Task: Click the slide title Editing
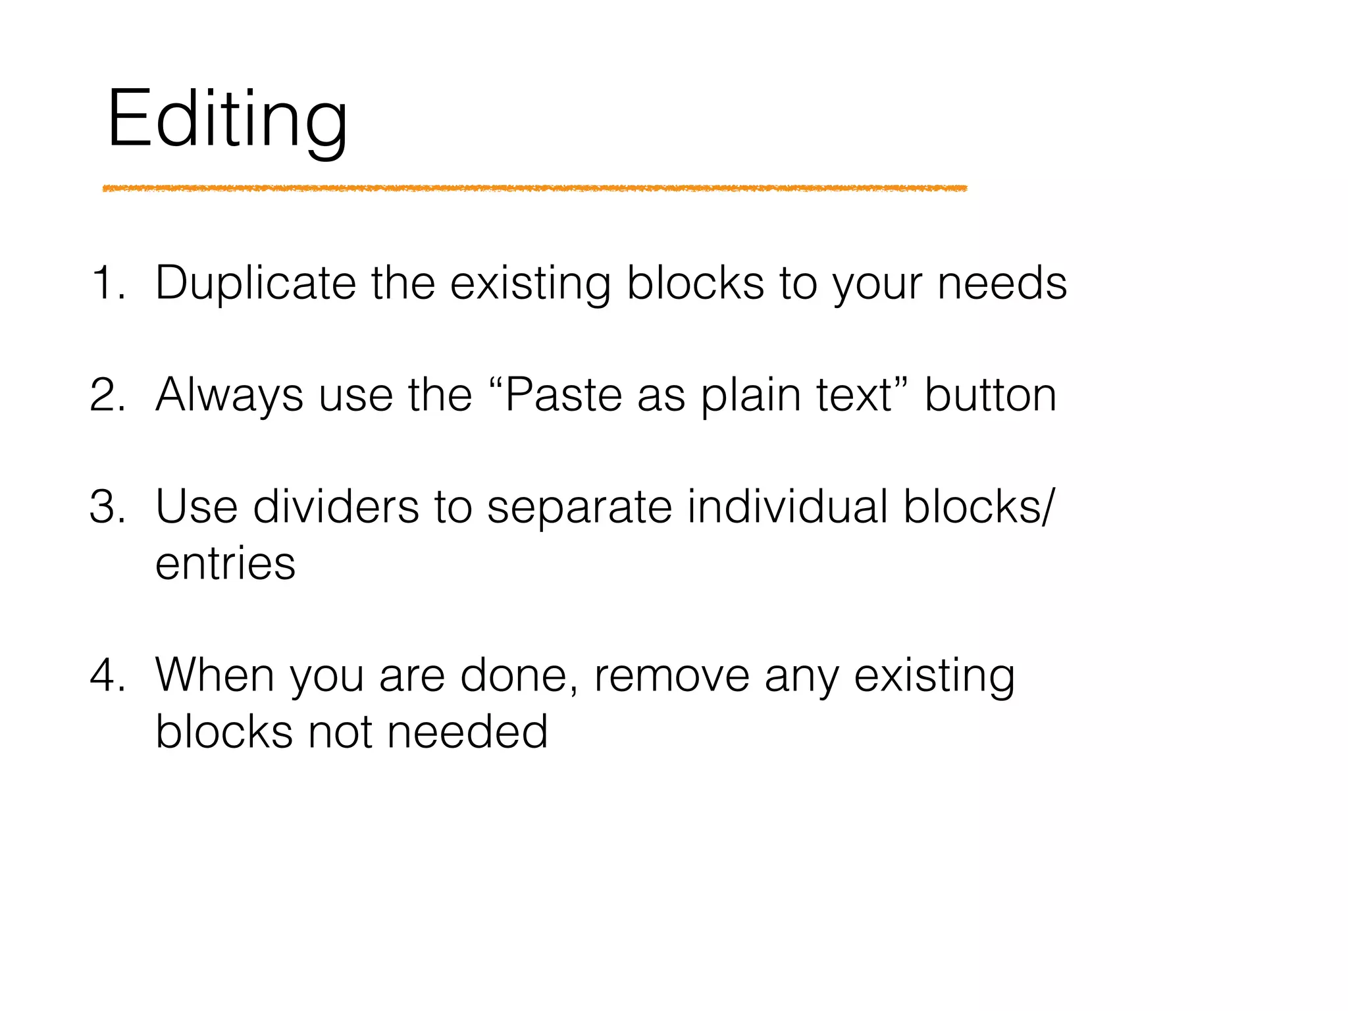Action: click(x=227, y=120)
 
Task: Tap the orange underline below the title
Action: click(x=534, y=189)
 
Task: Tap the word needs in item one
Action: click(x=1002, y=283)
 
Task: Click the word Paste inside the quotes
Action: click(x=563, y=395)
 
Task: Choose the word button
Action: click(x=991, y=395)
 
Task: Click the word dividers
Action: click(x=336, y=507)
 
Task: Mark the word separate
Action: click(x=579, y=507)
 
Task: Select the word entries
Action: click(x=225, y=563)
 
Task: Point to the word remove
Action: click(x=671, y=675)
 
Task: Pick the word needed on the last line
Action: click(x=467, y=732)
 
